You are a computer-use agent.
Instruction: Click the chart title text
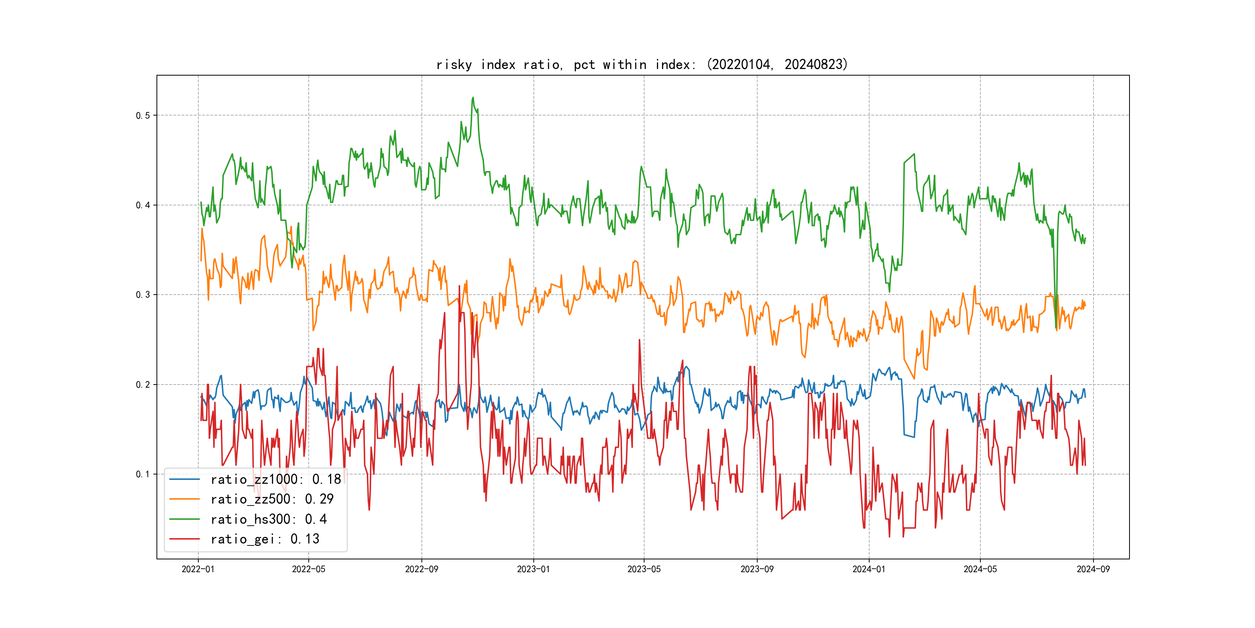641,64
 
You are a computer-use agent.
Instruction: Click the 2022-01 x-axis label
198,569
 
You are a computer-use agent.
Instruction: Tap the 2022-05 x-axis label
308,569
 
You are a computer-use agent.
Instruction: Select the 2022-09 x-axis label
421,569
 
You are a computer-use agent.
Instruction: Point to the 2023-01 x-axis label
533,569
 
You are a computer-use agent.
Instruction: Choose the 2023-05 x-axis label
644,569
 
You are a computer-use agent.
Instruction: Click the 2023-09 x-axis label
756,569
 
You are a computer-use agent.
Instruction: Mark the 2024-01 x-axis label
869,569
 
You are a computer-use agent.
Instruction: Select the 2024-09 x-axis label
1093,569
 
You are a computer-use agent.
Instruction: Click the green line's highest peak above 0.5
473,98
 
